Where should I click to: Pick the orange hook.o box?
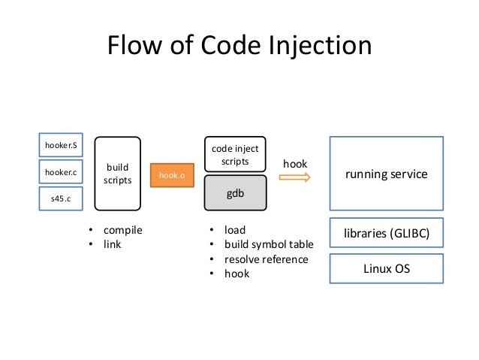[x=172, y=174]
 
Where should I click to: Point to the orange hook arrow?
[x=294, y=177]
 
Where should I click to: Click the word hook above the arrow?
[x=294, y=162]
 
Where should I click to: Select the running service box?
[x=386, y=174]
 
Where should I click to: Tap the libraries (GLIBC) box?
[x=386, y=233]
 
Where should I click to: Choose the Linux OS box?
[x=386, y=268]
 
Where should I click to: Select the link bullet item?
[x=113, y=245]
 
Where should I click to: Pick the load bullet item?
[x=235, y=230]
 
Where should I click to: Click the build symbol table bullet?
[x=269, y=245]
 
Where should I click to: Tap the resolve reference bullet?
[x=266, y=259]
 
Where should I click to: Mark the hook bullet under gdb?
[x=236, y=274]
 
